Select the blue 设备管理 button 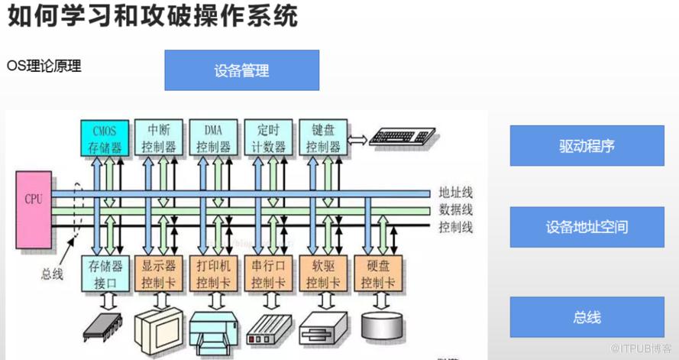tap(241, 71)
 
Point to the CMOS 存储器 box tap(105, 138)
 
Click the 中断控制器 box tap(159, 138)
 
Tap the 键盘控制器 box tap(322, 138)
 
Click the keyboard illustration tap(403, 138)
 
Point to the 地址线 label tap(455, 192)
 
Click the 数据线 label tap(455, 209)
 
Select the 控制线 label tap(455, 227)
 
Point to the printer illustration tap(213, 328)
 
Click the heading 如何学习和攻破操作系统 tap(153, 17)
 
